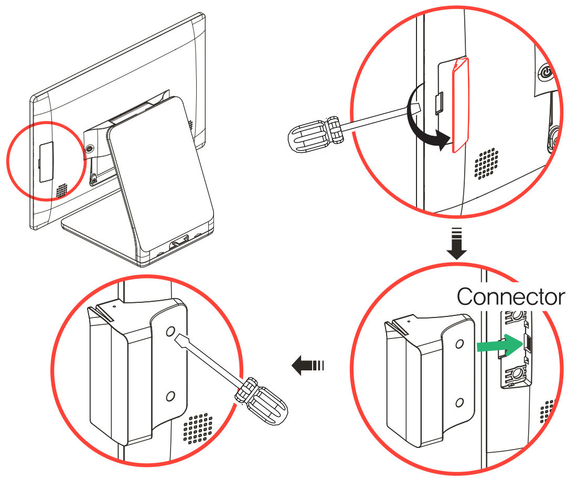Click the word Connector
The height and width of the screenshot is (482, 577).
click(x=511, y=297)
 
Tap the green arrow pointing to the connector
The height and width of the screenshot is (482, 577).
click(x=500, y=345)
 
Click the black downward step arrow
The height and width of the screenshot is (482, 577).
click(x=457, y=244)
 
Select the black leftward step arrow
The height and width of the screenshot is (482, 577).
click(x=307, y=365)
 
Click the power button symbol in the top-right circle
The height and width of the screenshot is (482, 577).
click(x=547, y=72)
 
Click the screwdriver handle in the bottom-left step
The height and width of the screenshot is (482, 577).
click(x=262, y=401)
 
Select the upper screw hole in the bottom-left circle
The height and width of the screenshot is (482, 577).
click(x=170, y=332)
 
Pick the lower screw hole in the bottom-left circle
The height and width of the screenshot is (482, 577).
click(x=170, y=396)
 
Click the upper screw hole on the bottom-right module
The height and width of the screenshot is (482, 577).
click(x=460, y=344)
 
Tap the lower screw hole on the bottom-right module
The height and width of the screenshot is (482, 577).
click(x=460, y=403)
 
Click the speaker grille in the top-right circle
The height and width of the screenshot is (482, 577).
click(x=487, y=164)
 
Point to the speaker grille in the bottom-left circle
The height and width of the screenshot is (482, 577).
click(x=198, y=429)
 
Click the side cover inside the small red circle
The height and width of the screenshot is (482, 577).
click(x=46, y=162)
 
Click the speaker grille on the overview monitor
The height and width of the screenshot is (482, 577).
click(x=62, y=190)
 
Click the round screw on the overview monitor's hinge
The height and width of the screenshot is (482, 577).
click(x=89, y=149)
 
